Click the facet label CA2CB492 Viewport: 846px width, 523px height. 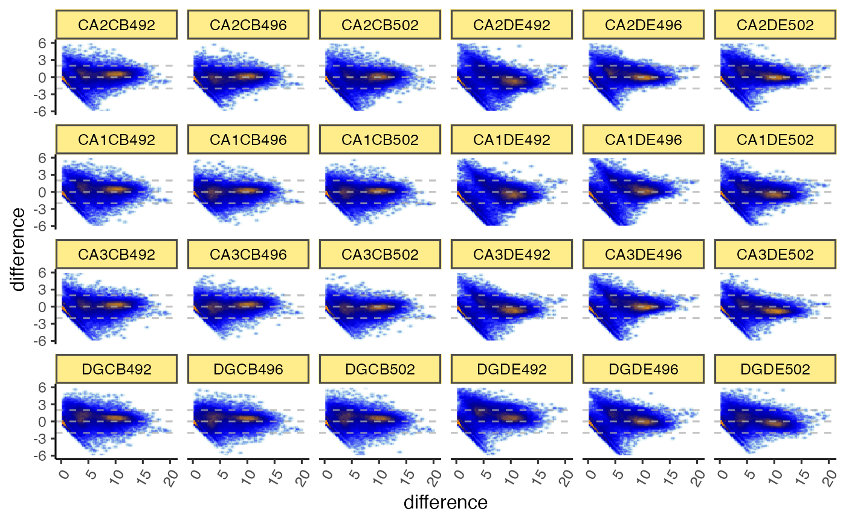pyautogui.click(x=117, y=25)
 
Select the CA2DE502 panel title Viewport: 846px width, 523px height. pyautogui.click(x=775, y=25)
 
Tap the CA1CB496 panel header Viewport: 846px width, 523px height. pyautogui.click(x=248, y=140)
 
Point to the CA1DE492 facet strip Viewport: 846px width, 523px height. pyautogui.click(x=512, y=140)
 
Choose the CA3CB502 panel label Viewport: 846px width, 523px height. pyautogui.click(x=380, y=254)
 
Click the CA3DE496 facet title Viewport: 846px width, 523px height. pyautogui.click(x=644, y=254)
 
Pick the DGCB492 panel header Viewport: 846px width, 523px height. pyautogui.click(x=117, y=369)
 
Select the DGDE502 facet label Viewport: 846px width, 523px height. pyautogui.click(x=775, y=369)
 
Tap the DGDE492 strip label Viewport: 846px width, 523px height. pyautogui.click(x=512, y=369)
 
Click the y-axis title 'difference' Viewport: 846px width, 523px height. pyautogui.click(x=19, y=249)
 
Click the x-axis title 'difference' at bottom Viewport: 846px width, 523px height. pyautogui.click(x=445, y=502)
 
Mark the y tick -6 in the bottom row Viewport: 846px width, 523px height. pyautogui.click(x=44, y=456)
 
